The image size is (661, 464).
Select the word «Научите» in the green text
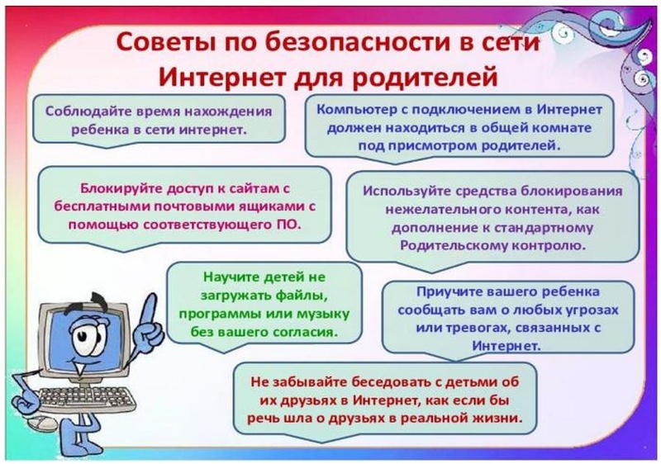click(x=231, y=277)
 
